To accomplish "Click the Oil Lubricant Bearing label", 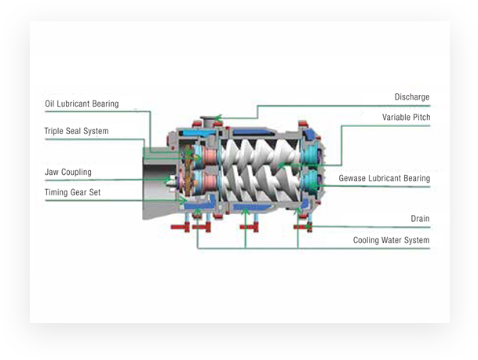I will [82, 104].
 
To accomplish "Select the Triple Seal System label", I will [76, 131].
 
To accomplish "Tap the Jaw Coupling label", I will [68, 172].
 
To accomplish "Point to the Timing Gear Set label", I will [72, 191].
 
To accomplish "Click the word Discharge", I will [411, 97].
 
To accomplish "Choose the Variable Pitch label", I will [406, 118].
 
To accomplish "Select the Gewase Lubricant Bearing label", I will [384, 179].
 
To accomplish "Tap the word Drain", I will [420, 219].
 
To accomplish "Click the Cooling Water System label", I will [391, 241].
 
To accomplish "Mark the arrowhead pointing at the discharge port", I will [219, 118].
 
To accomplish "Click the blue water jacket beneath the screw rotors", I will [251, 206].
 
